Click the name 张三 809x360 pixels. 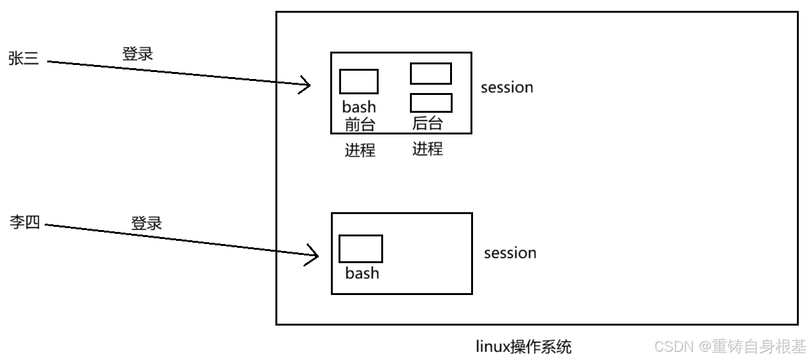pos(24,59)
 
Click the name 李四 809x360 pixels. pos(25,223)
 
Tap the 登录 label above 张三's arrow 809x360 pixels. pos(138,54)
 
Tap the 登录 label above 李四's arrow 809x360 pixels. pos(147,223)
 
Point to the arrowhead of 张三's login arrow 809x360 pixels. pos(307,85)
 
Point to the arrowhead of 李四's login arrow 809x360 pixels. pos(314,256)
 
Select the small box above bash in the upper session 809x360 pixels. pos(359,82)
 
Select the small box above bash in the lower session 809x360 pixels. pos(360,248)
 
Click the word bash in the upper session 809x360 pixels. pos(359,107)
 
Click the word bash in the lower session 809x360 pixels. pos(361,273)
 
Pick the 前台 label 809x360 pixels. pos(360,124)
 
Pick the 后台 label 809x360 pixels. pos(427,123)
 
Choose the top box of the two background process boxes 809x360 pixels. pos(430,73)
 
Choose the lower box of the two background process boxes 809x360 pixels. pos(430,103)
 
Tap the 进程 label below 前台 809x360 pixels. pos(360,150)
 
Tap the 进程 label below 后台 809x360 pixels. pos(427,149)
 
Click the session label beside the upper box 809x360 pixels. pos(507,87)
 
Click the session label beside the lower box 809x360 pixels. pos(510,253)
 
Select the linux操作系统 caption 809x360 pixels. pos(523,347)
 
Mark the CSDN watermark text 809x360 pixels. pos(730,346)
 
